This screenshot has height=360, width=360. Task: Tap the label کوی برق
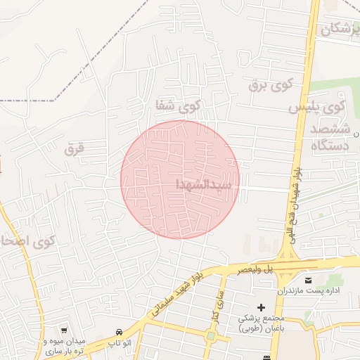(269, 86)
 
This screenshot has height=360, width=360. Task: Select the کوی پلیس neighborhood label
(317, 108)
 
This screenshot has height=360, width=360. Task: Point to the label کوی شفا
(179, 107)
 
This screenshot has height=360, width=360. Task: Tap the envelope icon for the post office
(310, 281)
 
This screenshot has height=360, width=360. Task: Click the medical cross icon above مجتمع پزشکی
(262, 307)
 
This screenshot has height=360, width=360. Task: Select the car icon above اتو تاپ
(120, 332)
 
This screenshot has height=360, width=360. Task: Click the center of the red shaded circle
(180, 179)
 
